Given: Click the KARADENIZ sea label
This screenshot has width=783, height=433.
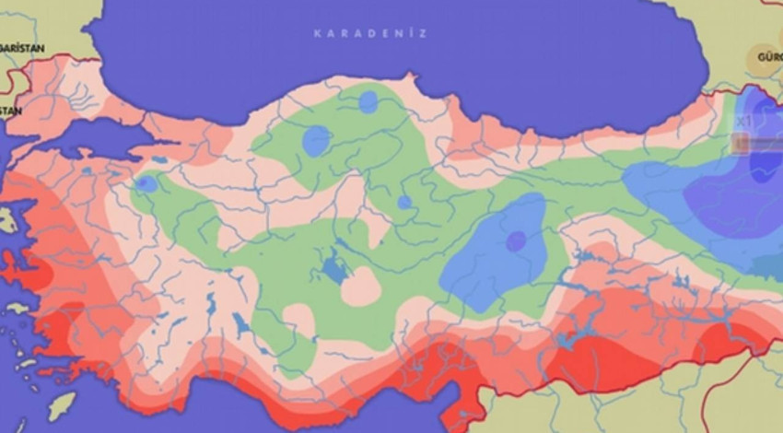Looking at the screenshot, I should click(x=369, y=33).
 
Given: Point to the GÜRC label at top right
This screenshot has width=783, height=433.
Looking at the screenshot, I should click(x=768, y=56).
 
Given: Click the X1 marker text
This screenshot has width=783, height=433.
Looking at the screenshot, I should click(x=743, y=121).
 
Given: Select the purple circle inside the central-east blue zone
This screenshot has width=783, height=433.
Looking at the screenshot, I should click(x=516, y=240).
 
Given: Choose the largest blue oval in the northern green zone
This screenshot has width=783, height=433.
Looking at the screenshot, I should click(x=316, y=140).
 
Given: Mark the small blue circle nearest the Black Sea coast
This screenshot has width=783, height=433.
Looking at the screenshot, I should click(x=368, y=101).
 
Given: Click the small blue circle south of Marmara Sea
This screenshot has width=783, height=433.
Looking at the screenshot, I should click(x=146, y=184).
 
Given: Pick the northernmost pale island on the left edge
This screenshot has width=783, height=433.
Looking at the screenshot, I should click(x=7, y=221).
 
